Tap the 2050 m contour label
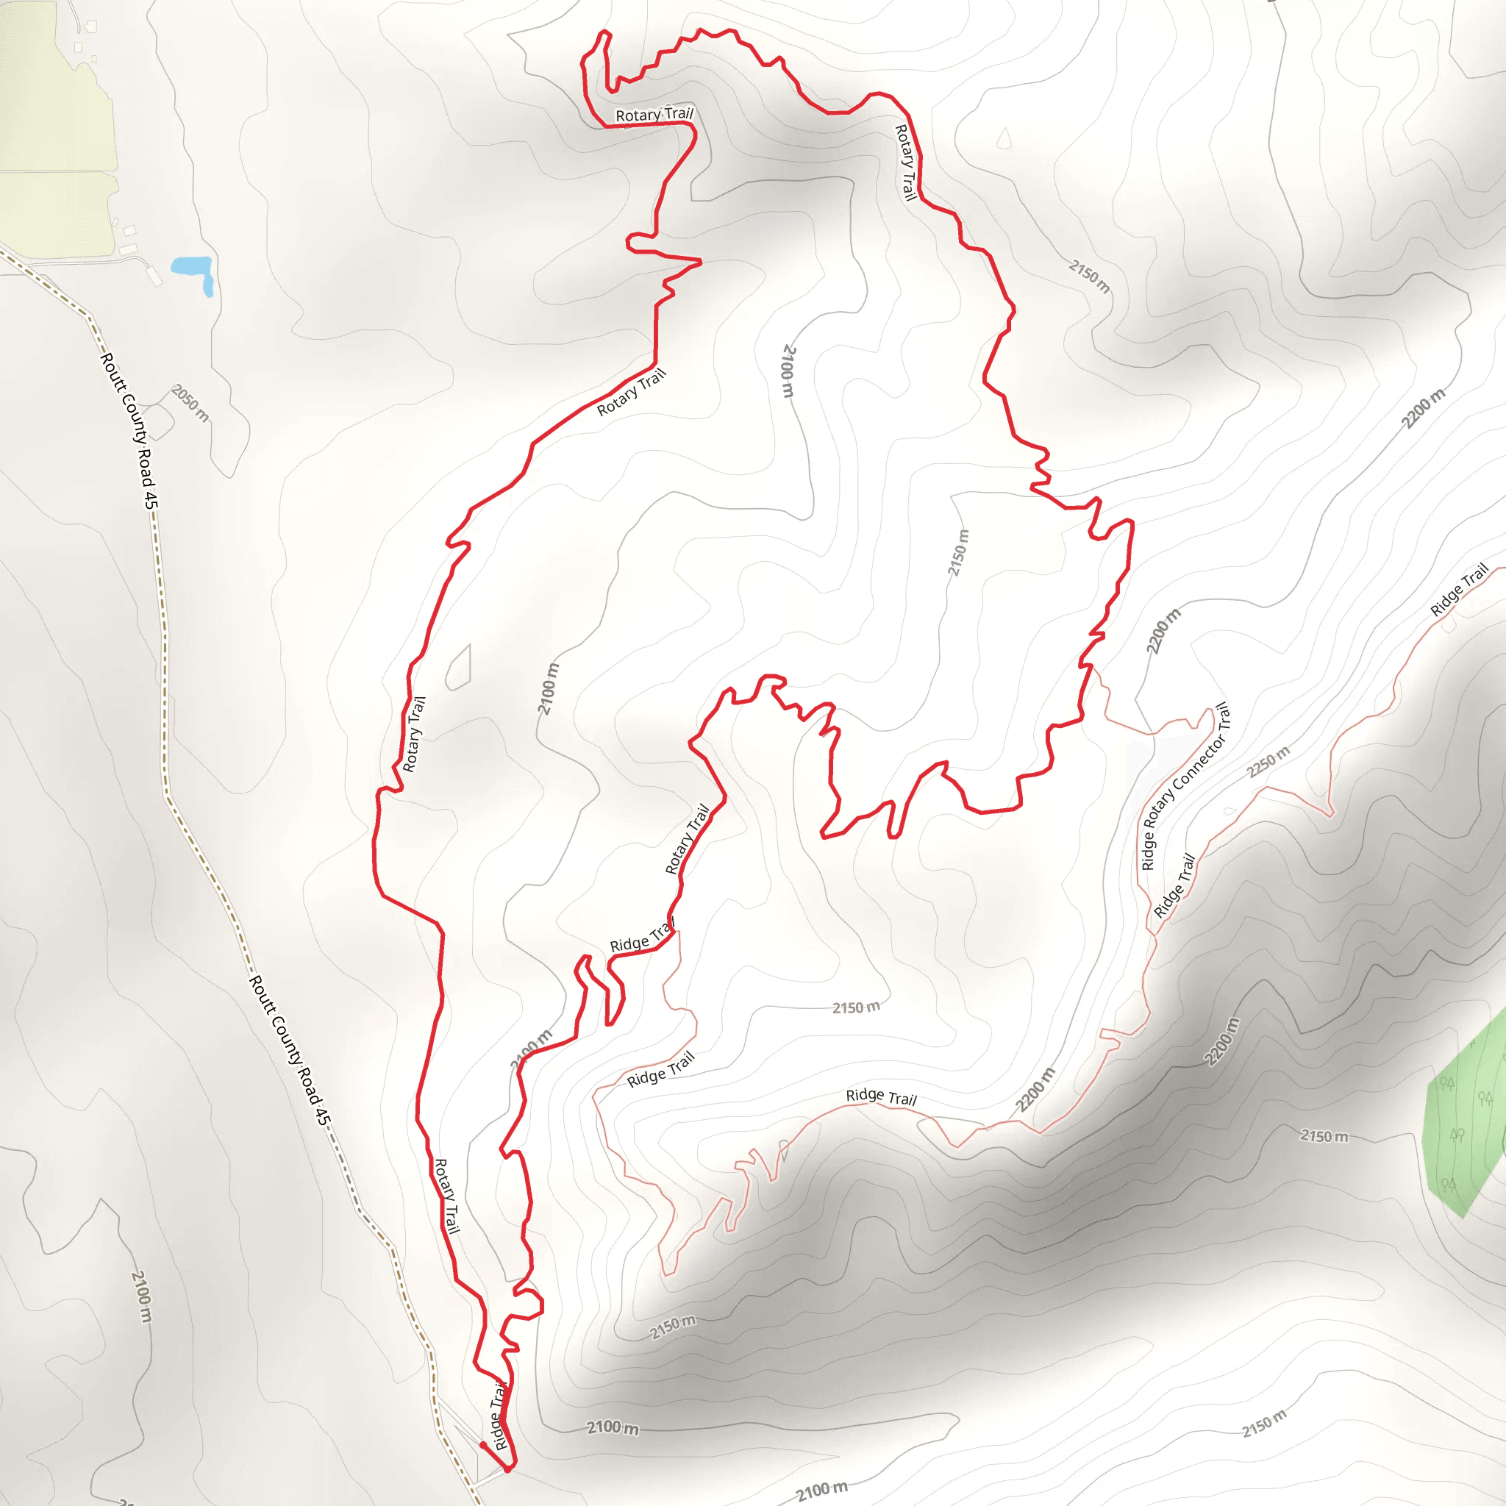pos(190,403)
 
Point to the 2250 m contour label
pos(1268,762)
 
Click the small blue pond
pos(193,271)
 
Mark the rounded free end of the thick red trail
pos(483,1445)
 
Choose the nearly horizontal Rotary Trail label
pos(654,115)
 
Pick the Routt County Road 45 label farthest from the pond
pos(290,1049)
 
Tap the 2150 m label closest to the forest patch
pos(1324,1137)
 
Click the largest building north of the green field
pos(91,27)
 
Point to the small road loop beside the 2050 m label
pos(158,421)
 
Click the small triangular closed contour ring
pos(1004,140)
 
